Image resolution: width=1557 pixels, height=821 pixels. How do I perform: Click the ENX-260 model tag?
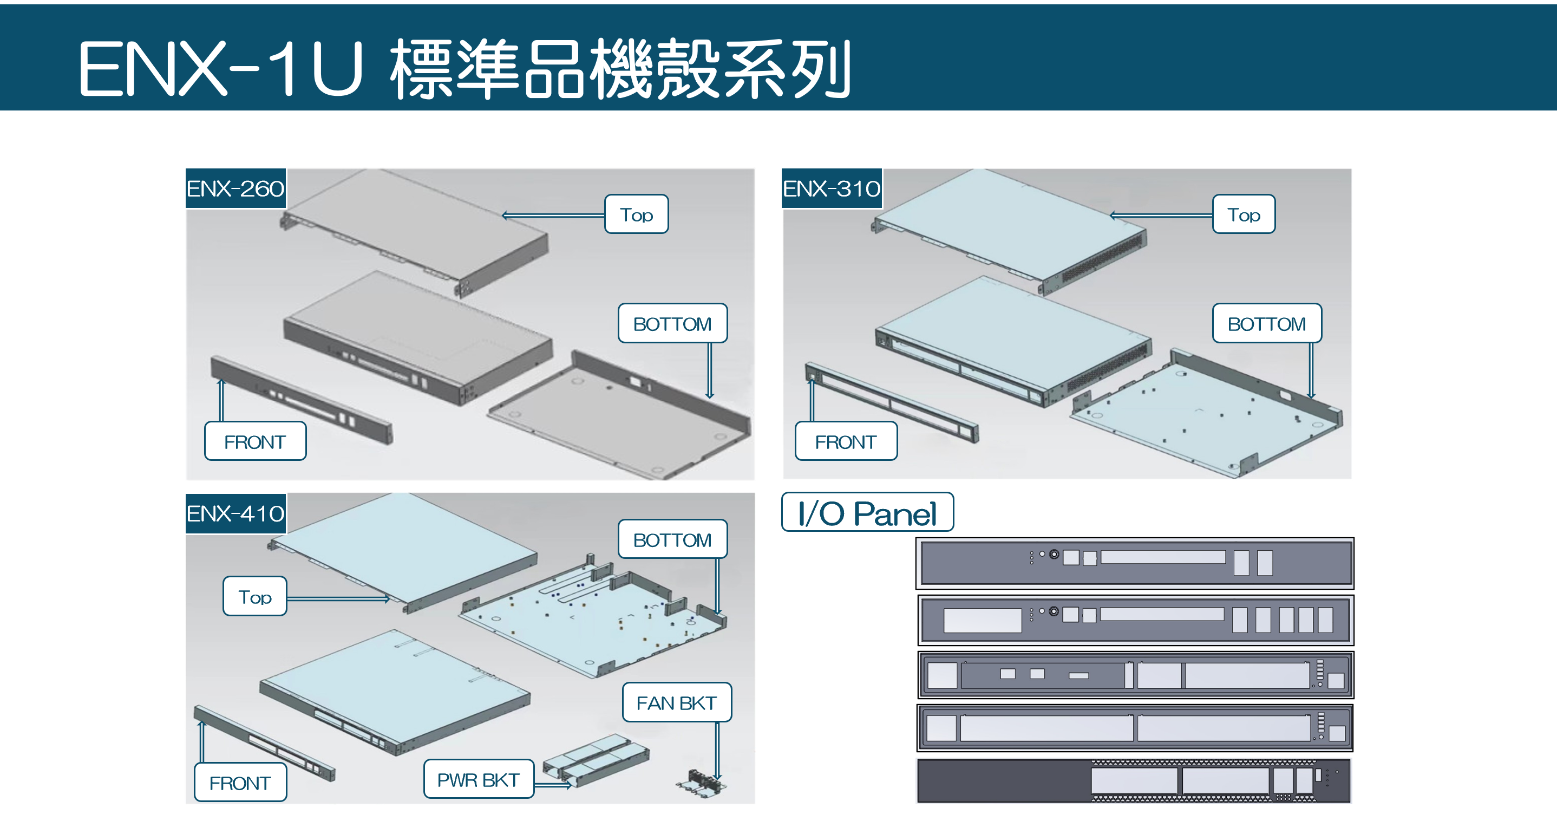coord(235,188)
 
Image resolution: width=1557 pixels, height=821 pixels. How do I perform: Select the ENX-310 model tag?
coord(831,188)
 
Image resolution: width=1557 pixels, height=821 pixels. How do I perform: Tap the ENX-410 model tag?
coord(235,513)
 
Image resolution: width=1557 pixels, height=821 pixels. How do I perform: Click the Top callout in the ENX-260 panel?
coord(637,214)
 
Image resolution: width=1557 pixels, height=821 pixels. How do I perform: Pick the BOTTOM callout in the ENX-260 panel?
coord(672,323)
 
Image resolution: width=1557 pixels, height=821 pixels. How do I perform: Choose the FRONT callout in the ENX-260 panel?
coord(255,441)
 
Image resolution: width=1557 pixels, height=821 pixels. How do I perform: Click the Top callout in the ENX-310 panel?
coord(1244,214)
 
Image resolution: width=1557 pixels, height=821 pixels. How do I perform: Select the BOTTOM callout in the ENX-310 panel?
coord(1266,323)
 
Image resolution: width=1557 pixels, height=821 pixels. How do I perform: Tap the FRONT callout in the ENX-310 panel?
coord(846,441)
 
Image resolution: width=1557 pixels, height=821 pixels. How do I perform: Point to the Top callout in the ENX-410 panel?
coord(254,597)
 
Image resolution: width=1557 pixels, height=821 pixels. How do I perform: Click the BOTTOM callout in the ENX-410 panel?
coord(672,539)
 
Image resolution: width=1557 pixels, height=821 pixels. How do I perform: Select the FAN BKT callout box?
coord(676,702)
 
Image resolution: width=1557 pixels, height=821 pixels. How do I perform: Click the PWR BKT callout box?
coord(478,779)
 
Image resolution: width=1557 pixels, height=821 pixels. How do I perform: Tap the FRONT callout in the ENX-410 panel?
coord(240,783)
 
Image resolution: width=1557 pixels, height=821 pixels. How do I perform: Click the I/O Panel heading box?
coord(867,513)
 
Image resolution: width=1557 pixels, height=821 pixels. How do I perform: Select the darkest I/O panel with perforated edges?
coord(1133,781)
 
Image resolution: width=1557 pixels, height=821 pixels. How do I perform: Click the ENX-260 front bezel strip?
coord(301,400)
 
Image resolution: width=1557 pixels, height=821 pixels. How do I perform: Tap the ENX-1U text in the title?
coord(221,68)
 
